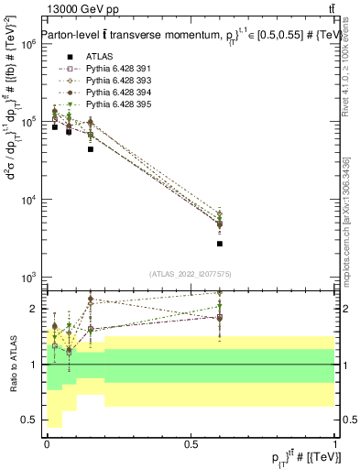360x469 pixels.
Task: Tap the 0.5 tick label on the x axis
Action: point(191,443)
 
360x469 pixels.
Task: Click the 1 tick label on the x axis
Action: point(335,443)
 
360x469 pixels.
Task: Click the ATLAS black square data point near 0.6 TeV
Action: point(220,244)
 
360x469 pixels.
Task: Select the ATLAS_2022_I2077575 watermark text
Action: point(190,274)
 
